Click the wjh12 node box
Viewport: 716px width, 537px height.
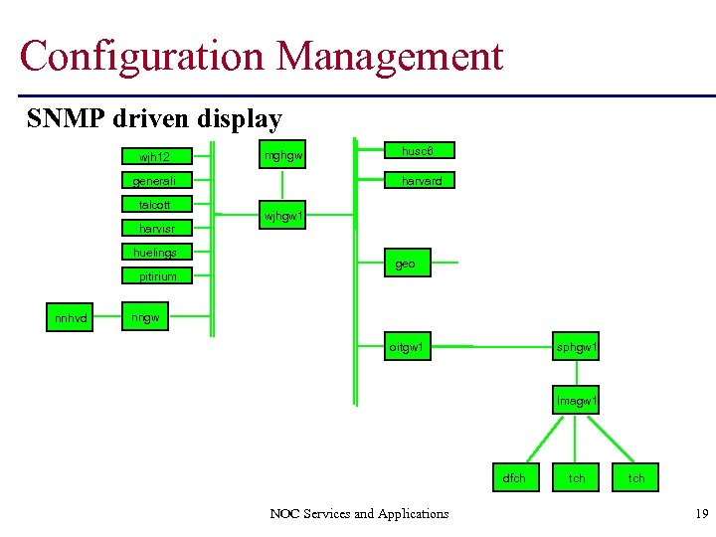[154, 157]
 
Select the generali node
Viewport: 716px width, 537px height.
[154, 181]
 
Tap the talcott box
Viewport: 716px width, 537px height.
[154, 205]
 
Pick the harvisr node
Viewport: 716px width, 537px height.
[156, 229]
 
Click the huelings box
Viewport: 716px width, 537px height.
[154, 253]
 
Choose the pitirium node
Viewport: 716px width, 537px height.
[157, 276]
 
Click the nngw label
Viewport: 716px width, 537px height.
[146, 318]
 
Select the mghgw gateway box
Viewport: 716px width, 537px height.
[282, 155]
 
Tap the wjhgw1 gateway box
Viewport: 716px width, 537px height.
[282, 216]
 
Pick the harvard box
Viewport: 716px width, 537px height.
[421, 181]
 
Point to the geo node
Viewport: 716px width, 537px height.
[406, 264]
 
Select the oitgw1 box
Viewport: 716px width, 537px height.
[407, 347]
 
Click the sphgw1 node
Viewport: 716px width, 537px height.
[577, 347]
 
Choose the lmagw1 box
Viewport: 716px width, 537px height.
[577, 401]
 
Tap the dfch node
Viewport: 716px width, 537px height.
[514, 478]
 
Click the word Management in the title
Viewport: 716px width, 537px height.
[390, 56]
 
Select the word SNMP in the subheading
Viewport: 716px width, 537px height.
[68, 119]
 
